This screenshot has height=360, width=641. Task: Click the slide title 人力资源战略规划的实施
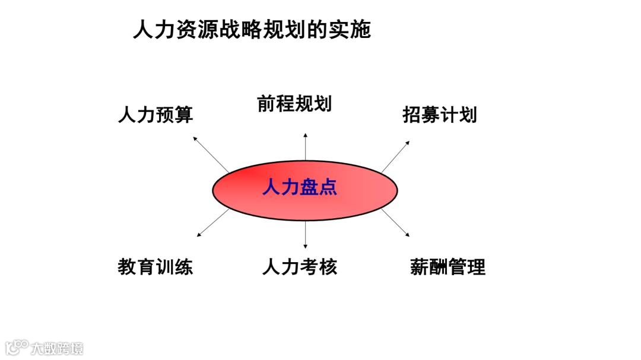coord(252,30)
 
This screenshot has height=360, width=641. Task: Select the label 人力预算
coord(156,114)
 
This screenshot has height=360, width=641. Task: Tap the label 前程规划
coord(294,104)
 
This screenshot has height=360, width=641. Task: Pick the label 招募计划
coord(439,114)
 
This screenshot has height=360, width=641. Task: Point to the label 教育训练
coord(156,267)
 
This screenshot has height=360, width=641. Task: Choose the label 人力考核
coord(300,267)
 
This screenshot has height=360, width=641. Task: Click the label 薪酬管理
coord(448,267)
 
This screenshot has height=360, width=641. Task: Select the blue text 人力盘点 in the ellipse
coord(300,188)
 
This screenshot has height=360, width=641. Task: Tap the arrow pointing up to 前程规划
coord(306,147)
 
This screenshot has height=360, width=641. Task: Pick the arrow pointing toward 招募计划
coord(395,156)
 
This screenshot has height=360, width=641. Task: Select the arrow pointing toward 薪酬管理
coord(395,222)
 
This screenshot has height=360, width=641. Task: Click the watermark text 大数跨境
coord(57,348)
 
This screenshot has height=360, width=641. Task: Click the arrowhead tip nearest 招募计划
coord(408,142)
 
